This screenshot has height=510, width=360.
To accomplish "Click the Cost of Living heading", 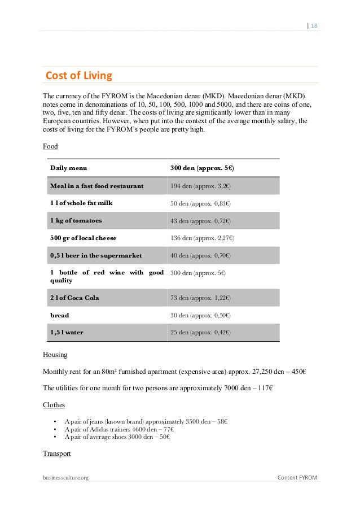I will [78, 75].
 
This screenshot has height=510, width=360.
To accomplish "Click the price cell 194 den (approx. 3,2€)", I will [201, 185].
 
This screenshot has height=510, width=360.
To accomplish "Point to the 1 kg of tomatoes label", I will [76, 220].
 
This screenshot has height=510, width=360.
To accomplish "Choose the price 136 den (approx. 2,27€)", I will [202, 238].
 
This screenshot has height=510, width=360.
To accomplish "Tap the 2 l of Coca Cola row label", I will [74, 298].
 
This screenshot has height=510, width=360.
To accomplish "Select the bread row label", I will [60, 315].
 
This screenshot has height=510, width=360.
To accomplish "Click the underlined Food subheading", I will [50, 147].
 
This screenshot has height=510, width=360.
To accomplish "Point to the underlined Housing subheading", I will [55, 355].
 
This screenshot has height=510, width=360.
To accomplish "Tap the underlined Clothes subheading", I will [54, 405].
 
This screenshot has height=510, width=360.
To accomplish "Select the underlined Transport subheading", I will [58, 454].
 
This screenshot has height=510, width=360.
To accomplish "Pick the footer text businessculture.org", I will [65, 478].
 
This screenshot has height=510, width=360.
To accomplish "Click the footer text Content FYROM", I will [297, 478].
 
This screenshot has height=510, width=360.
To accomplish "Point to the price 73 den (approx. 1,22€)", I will [200, 298].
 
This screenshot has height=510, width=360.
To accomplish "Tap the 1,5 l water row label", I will [67, 332].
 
